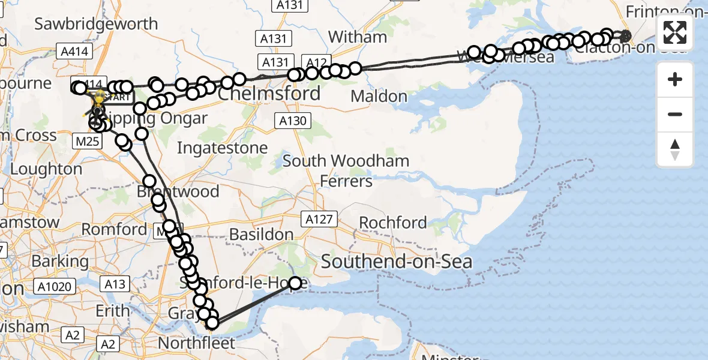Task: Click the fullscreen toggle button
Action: tap(675, 32)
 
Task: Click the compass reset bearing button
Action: tap(675, 149)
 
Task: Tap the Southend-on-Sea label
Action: tap(397, 262)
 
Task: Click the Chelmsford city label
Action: tap(269, 95)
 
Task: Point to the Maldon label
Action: tap(379, 96)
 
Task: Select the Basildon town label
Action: tap(262, 235)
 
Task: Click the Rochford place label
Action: tap(393, 223)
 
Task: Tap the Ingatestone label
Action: tap(223, 148)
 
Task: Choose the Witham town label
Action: tap(358, 37)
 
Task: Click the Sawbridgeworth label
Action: tap(96, 24)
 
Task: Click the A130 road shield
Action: tap(293, 121)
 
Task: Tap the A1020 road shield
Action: tap(58, 287)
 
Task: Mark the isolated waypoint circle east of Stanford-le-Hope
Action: tap(295, 283)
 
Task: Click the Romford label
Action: tap(114, 229)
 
